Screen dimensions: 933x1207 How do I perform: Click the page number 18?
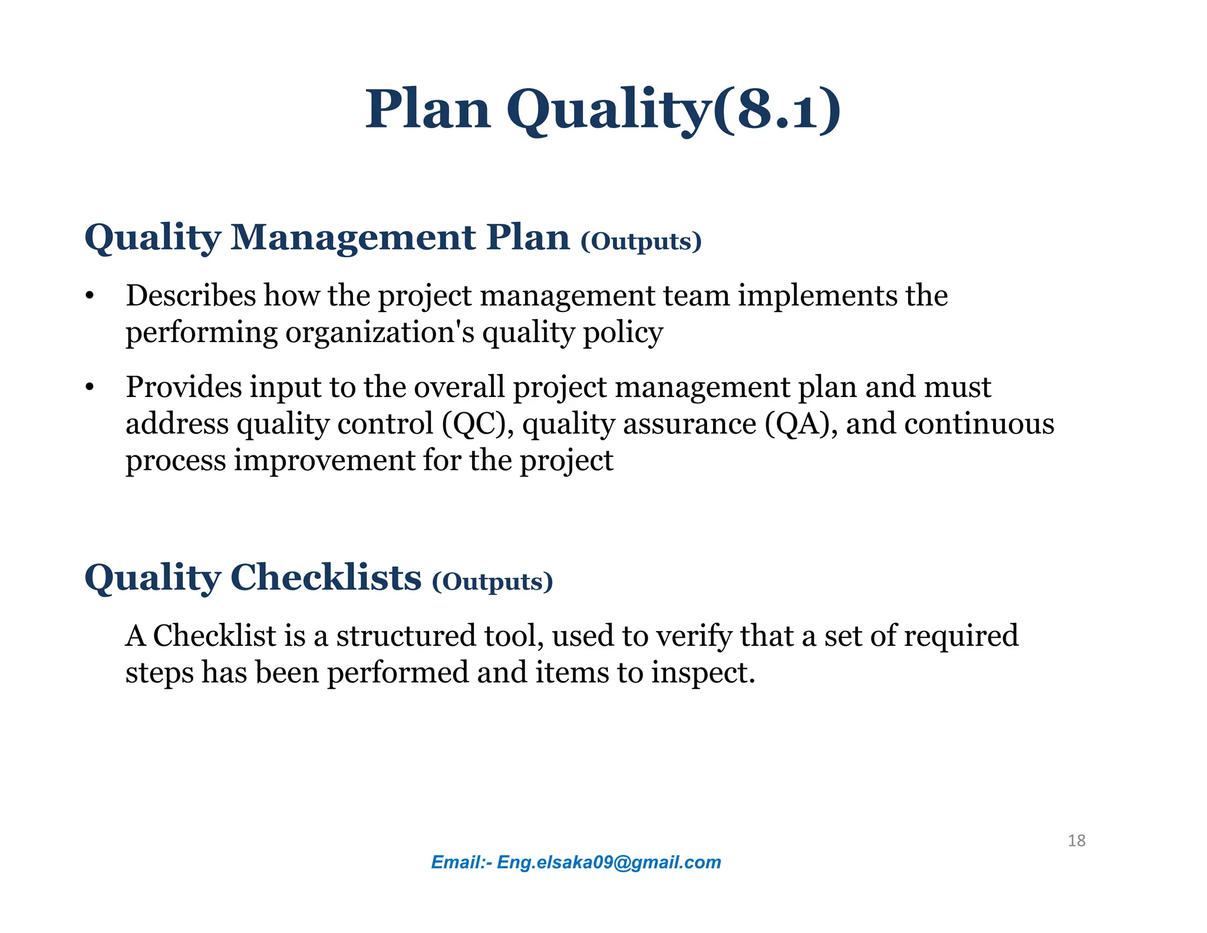pos(1076,840)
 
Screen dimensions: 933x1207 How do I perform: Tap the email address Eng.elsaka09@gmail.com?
pos(609,862)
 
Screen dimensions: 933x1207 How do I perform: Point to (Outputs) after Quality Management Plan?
pos(641,241)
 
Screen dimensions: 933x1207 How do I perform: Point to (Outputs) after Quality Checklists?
pos(493,582)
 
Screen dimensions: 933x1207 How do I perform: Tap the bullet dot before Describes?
pos(89,296)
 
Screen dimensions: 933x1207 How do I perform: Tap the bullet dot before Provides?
pos(89,388)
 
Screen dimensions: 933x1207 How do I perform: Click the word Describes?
pos(191,295)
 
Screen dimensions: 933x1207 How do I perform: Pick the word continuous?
pos(979,424)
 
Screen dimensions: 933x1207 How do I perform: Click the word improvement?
pos(324,461)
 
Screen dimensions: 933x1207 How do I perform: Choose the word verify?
pos(694,636)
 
